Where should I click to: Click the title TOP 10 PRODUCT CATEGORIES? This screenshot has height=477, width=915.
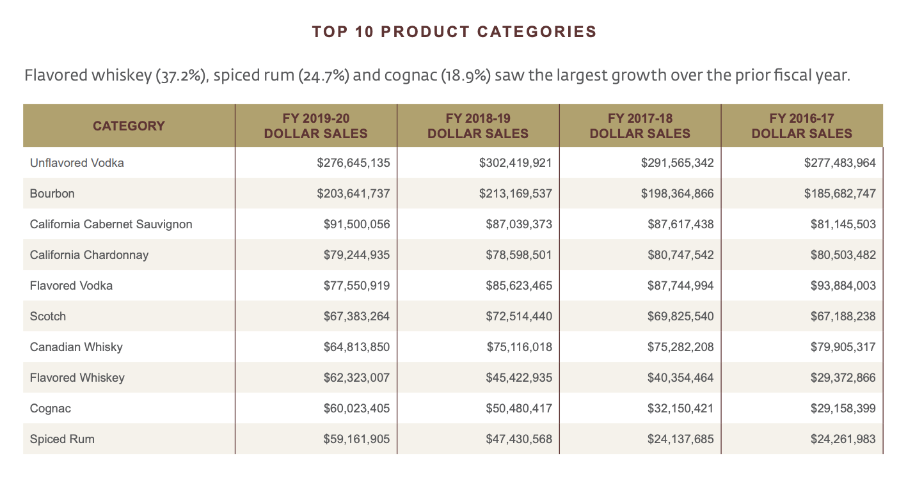[454, 32]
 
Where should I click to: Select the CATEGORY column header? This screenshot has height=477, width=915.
[129, 126]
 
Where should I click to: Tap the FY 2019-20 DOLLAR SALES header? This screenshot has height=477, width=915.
[316, 126]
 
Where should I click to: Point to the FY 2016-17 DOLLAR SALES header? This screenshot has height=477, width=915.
[802, 126]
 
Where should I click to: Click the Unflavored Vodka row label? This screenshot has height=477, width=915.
[77, 163]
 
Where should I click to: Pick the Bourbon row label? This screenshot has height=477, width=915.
[52, 194]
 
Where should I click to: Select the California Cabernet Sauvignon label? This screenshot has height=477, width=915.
[111, 224]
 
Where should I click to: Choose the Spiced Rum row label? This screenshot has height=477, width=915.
[62, 439]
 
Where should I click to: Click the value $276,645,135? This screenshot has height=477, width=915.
[353, 163]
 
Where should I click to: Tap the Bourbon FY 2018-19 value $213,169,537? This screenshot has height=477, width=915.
[515, 194]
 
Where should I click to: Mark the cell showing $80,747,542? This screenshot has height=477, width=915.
[677, 255]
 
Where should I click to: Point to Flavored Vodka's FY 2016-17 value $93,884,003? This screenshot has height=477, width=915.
[839, 286]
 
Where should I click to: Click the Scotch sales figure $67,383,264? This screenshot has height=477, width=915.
[356, 317]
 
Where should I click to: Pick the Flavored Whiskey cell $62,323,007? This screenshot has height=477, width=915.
[356, 378]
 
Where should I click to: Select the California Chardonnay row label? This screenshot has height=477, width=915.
[89, 255]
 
